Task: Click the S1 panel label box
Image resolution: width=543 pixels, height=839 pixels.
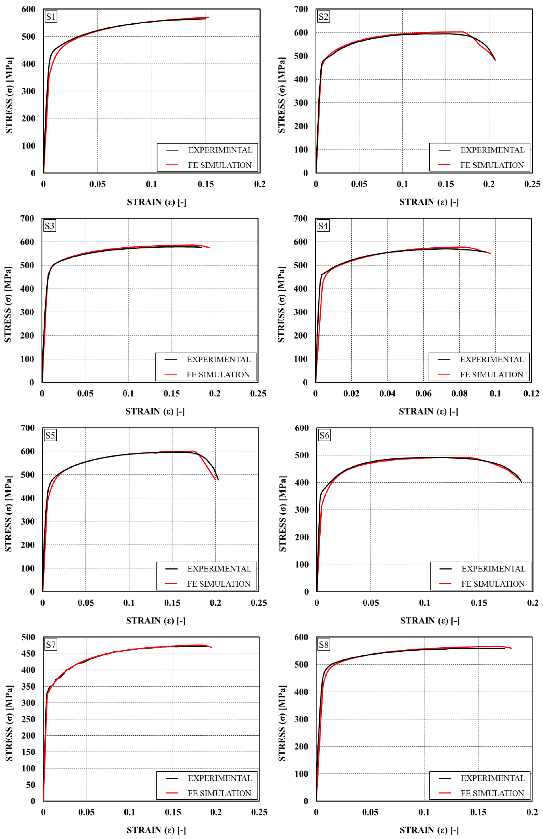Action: (x=51, y=17)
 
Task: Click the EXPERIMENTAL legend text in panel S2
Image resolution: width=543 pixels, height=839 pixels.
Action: (x=492, y=150)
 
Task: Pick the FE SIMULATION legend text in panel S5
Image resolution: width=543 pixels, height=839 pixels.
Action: (x=219, y=584)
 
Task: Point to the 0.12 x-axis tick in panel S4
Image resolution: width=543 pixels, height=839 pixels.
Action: (x=531, y=393)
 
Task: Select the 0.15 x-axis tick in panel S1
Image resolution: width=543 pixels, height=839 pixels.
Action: (x=206, y=184)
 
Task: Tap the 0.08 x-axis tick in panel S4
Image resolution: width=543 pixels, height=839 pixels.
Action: (x=459, y=393)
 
